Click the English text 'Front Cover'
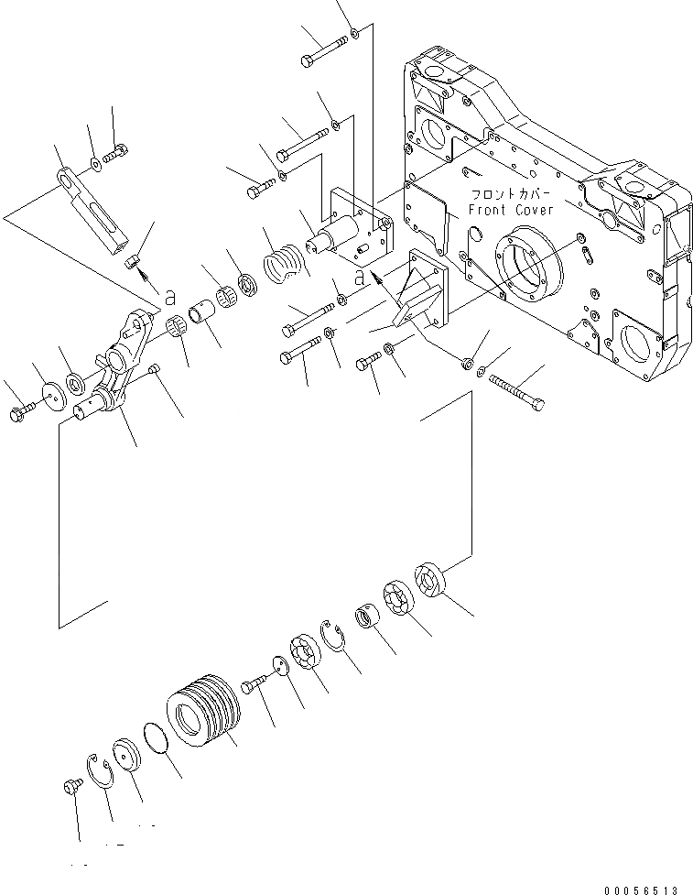point(511,210)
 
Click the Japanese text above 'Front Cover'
point(510,194)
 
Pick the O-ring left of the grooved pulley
point(158,737)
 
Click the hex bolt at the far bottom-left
point(70,785)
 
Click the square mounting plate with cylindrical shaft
point(352,224)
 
